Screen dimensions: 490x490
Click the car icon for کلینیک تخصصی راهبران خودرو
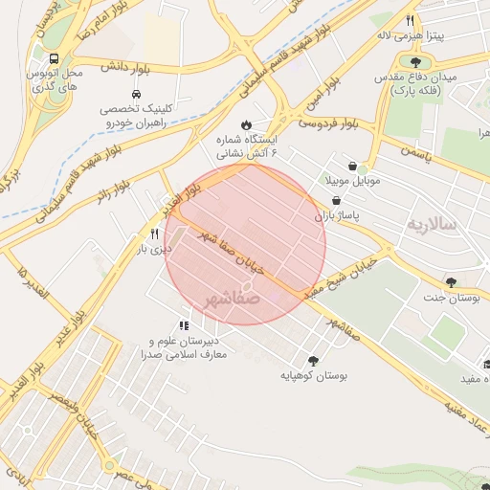tap(137, 95)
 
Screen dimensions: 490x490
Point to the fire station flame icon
tap(247, 123)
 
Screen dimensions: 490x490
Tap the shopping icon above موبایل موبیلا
tap(353, 165)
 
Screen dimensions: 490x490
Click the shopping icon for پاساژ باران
tap(336, 200)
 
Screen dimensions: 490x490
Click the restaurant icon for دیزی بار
tap(154, 233)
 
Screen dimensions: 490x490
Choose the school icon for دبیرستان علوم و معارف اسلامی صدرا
tap(184, 325)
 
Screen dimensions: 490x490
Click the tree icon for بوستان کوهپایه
tap(313, 361)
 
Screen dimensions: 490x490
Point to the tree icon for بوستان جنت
tap(450, 282)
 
